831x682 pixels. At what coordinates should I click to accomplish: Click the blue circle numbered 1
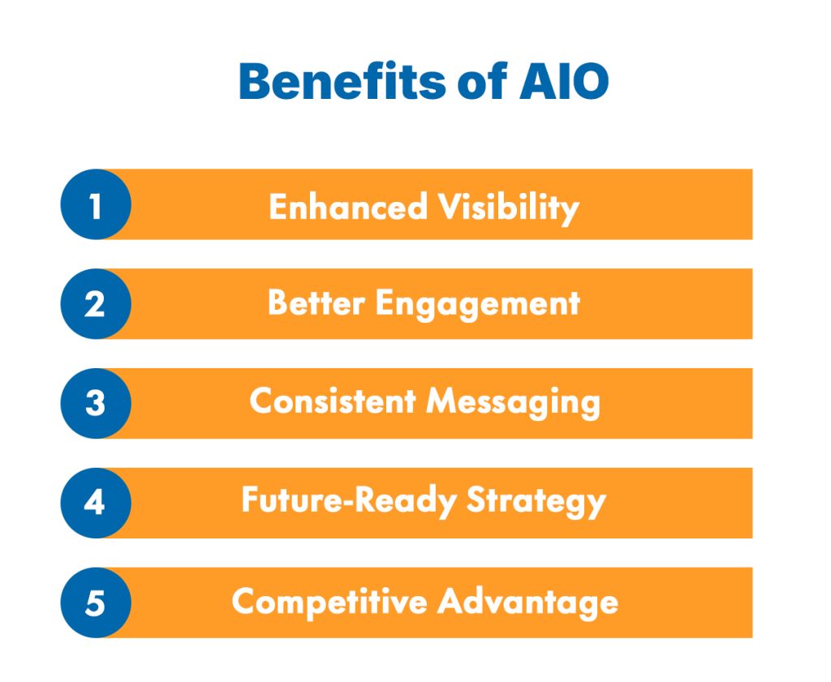coord(95,204)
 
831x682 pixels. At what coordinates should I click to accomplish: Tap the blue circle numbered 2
coord(95,304)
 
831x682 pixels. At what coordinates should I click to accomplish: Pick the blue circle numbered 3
coord(95,403)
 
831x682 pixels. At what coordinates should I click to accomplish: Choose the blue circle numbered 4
coord(95,503)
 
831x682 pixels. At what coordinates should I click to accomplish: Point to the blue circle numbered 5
coord(95,603)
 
